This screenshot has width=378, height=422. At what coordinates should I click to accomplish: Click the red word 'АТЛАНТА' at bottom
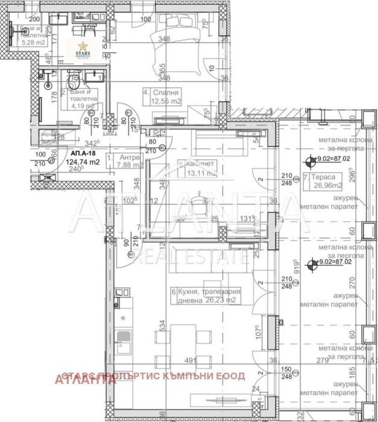click(x=78, y=379)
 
